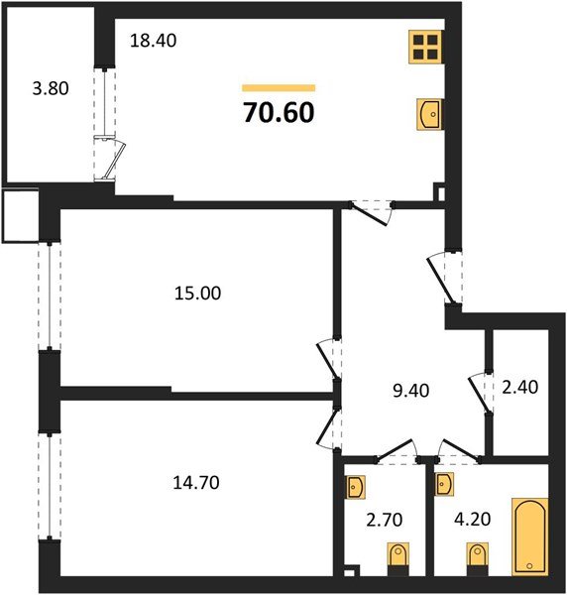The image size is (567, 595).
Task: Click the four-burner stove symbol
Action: (427, 46)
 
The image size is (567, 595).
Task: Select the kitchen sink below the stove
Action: (428, 116)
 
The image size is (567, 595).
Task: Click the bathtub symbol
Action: (528, 536)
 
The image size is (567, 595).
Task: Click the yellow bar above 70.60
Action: (279, 88)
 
